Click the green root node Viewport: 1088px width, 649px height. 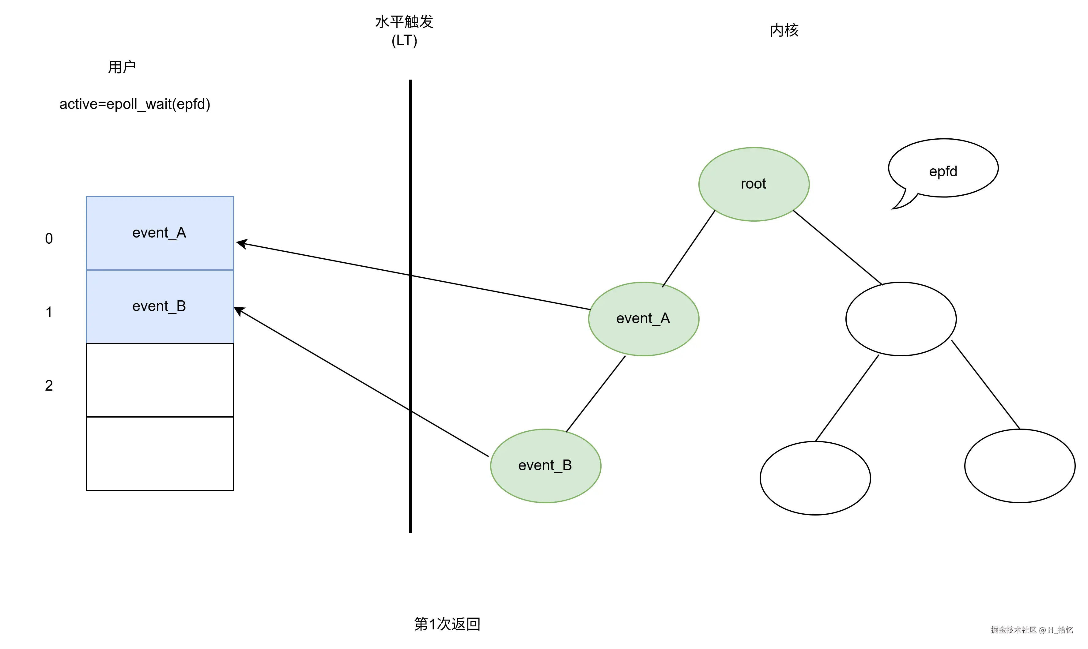click(x=753, y=184)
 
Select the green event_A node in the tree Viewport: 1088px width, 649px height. click(x=643, y=319)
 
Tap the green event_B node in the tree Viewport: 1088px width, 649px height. click(x=545, y=465)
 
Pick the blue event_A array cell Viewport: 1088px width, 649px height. click(x=160, y=233)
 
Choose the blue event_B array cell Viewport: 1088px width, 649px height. click(x=160, y=306)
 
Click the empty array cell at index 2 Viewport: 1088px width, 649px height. click(x=160, y=380)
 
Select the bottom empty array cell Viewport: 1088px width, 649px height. click(x=160, y=453)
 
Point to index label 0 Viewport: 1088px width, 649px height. click(x=49, y=239)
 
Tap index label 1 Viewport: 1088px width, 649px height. click(x=49, y=312)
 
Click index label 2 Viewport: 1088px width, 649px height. click(x=49, y=386)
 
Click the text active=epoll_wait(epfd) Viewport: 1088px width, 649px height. click(x=135, y=104)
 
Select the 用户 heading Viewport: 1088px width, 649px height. click(x=122, y=67)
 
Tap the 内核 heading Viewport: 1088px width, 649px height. click(x=784, y=31)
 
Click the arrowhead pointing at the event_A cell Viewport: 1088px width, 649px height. click(x=241, y=243)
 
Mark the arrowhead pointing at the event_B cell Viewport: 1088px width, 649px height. click(x=238, y=310)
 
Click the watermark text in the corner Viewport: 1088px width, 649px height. click(x=1032, y=630)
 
